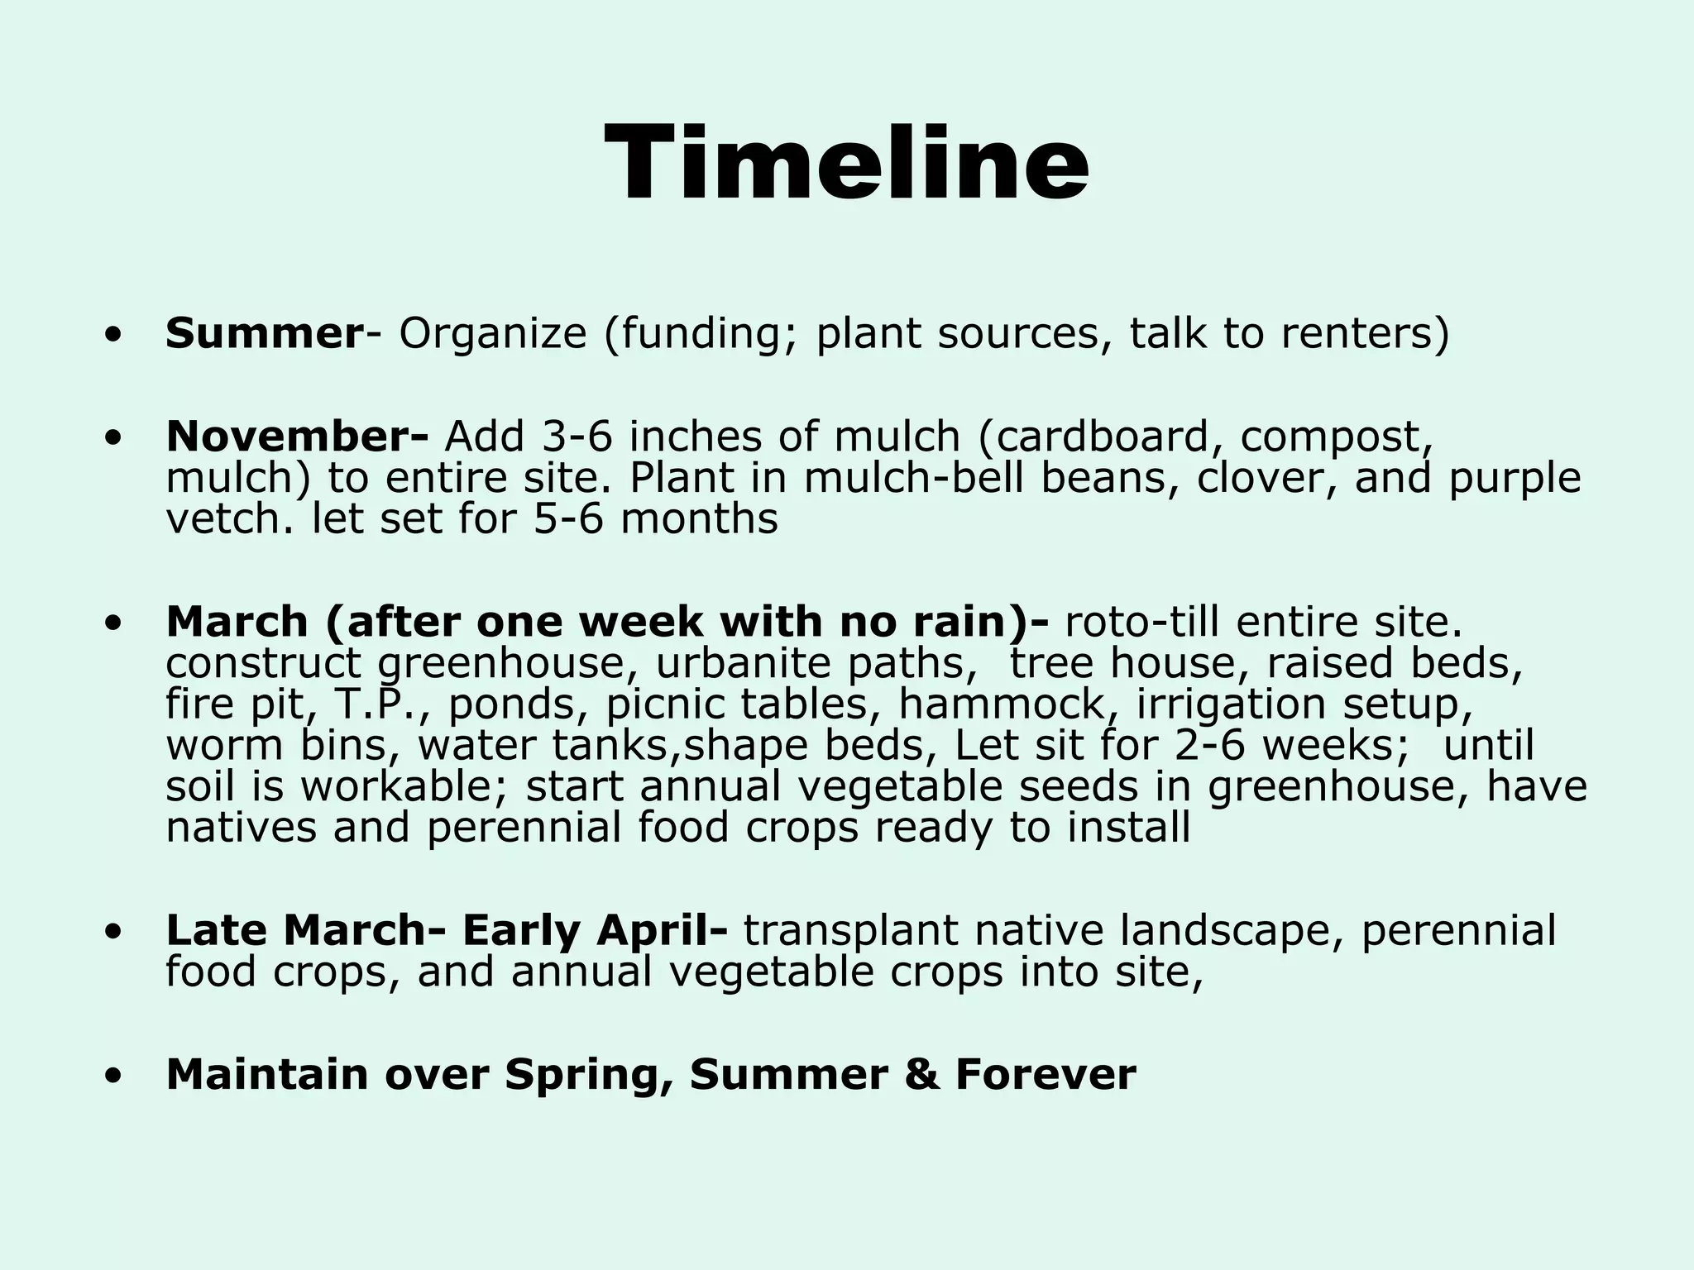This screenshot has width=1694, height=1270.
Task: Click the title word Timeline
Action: click(846, 162)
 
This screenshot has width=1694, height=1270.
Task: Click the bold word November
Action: click(290, 437)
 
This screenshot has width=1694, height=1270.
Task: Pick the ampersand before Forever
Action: click(921, 1075)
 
